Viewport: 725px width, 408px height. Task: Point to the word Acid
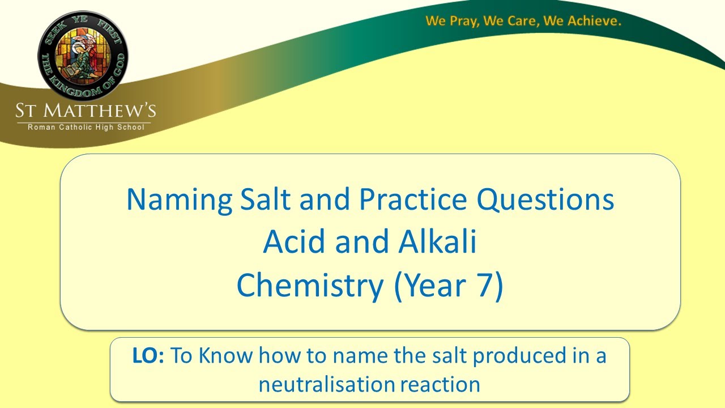[294, 243]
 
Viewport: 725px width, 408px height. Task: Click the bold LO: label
[148, 356]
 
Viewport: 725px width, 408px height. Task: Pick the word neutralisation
[327, 384]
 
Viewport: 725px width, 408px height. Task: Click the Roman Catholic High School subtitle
[86, 127]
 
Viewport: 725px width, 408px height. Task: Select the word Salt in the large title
[266, 200]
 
